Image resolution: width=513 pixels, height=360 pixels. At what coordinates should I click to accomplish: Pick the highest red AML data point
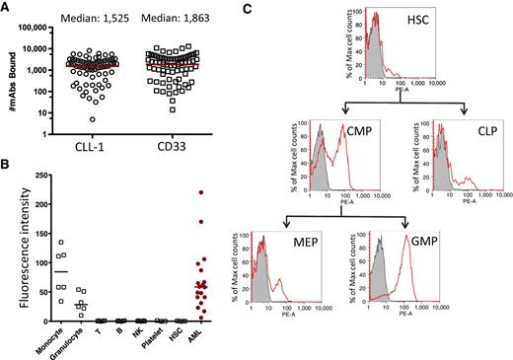[201, 192]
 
